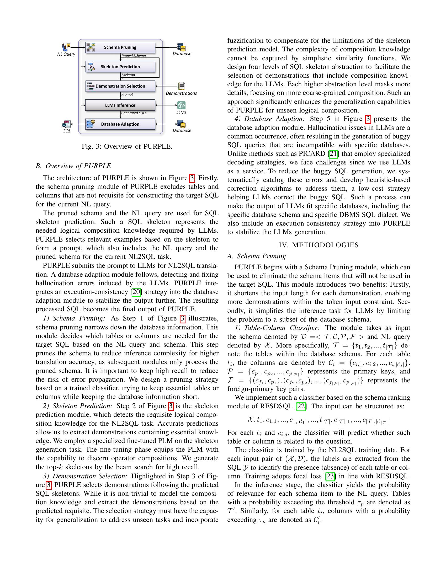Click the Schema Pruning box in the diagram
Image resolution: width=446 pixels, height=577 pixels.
[120, 47]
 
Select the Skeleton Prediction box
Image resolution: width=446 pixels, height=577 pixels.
[120, 67]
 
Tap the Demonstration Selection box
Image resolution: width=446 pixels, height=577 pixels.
[120, 86]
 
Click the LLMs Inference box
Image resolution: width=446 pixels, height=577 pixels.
[120, 105]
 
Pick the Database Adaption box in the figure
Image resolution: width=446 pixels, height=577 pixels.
[120, 124]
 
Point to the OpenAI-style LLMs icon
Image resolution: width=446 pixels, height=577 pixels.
[181, 105]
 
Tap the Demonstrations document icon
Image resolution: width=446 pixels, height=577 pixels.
[181, 86]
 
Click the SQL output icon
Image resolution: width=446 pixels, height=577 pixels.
[67, 124]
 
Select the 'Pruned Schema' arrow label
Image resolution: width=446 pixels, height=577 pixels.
[134, 56]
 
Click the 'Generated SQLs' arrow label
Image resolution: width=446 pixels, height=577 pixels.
[134, 113]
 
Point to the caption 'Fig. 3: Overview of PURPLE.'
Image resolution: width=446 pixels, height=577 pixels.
[127, 146]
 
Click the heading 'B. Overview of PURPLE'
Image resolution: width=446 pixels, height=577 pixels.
[73, 166]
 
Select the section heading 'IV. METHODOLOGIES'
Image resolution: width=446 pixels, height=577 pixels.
[319, 245]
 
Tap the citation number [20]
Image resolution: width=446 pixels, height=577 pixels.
[136, 292]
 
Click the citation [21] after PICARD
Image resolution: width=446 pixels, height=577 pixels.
[333, 154]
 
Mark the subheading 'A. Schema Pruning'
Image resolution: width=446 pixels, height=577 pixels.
[257, 256]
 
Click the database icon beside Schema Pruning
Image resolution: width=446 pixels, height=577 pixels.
[182, 47]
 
